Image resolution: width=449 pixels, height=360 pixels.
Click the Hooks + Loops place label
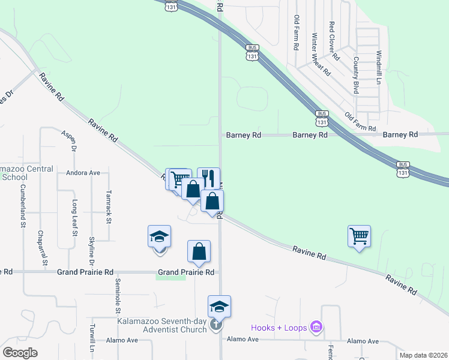point(279,327)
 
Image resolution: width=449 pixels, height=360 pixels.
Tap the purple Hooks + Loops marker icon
point(316,327)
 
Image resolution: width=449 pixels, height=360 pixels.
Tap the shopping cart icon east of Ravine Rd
point(359,236)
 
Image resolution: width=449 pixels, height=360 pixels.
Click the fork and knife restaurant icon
point(208,178)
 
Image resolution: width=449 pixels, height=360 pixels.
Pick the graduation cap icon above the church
point(219,307)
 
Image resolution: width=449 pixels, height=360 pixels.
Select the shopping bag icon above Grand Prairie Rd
point(199,252)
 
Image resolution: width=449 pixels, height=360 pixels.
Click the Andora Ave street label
point(83,173)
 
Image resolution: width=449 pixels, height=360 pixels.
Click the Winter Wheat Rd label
point(321,54)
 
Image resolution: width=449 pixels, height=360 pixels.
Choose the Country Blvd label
point(356,75)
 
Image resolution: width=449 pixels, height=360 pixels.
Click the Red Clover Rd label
point(334,41)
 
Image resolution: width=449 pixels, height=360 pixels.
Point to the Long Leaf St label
point(74,217)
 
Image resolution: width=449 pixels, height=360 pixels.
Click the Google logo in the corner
point(20,352)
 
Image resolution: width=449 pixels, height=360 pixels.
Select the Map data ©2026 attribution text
point(423,355)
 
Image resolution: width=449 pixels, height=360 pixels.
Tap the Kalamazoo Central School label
point(24,173)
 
